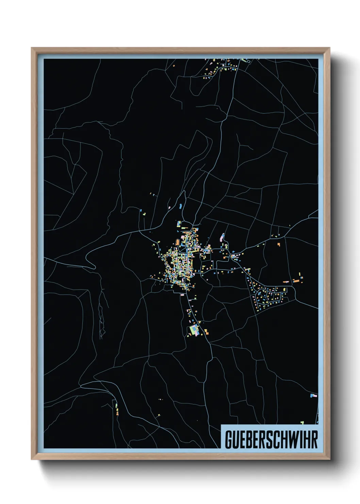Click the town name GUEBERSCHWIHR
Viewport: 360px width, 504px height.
[x=271, y=440]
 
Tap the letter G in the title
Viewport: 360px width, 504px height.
[x=228, y=440]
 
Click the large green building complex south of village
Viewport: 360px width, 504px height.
[x=194, y=330]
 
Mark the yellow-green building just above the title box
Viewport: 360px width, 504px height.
[x=302, y=423]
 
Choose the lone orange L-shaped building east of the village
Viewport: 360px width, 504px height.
[x=279, y=244]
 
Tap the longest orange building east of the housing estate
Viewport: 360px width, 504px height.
[x=296, y=281]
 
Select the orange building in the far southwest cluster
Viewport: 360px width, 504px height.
[x=117, y=413]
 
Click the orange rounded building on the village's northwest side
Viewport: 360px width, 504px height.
[x=177, y=242]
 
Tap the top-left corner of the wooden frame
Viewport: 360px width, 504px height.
[x=32, y=48]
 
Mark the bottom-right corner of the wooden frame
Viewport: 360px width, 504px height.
[x=329, y=459]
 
